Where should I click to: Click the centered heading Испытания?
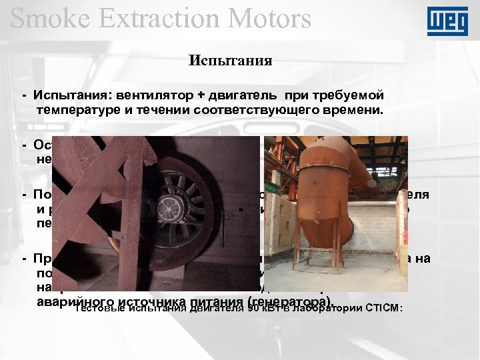230,61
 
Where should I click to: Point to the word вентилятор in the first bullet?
150,94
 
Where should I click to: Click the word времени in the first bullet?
351,109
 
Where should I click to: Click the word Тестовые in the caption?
99,307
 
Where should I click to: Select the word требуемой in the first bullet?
347,94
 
